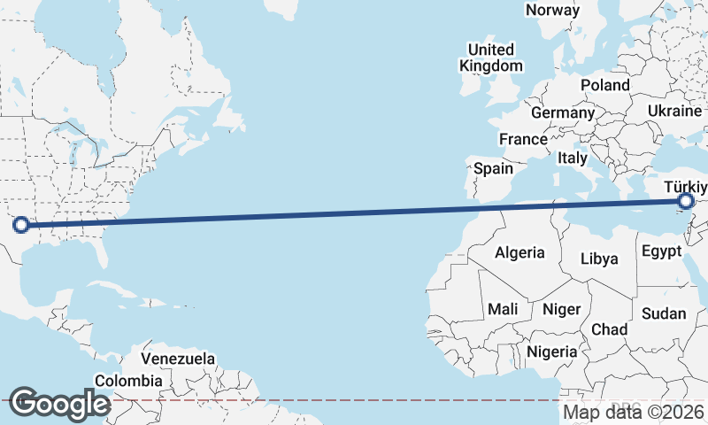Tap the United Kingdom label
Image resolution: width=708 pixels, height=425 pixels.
pyautogui.click(x=490, y=58)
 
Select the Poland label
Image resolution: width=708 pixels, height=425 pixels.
pyautogui.click(x=604, y=85)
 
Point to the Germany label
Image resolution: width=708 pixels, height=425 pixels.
pyautogui.click(x=563, y=113)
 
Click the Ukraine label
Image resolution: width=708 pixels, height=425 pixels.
pyautogui.click(x=675, y=110)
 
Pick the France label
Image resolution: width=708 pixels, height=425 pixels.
pyautogui.click(x=523, y=140)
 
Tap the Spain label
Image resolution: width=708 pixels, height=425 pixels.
pyautogui.click(x=493, y=168)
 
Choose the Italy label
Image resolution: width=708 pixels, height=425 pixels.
pyautogui.click(x=573, y=158)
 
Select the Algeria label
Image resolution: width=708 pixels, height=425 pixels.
pyautogui.click(x=519, y=252)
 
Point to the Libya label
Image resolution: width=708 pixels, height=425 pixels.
pyautogui.click(x=599, y=259)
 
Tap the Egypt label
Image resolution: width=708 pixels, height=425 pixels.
pyautogui.click(x=662, y=251)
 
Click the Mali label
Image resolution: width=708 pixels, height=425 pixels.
pyautogui.click(x=503, y=309)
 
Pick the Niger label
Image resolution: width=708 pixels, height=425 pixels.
pyautogui.click(x=560, y=309)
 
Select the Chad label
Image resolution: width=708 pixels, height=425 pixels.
pyautogui.click(x=609, y=329)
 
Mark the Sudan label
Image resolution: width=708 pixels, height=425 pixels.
pyautogui.click(x=663, y=313)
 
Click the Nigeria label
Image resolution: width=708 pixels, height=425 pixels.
pyautogui.click(x=552, y=352)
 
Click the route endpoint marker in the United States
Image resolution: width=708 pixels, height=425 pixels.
pyautogui.click(x=21, y=225)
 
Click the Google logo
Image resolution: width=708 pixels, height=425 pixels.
pyautogui.click(x=59, y=404)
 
